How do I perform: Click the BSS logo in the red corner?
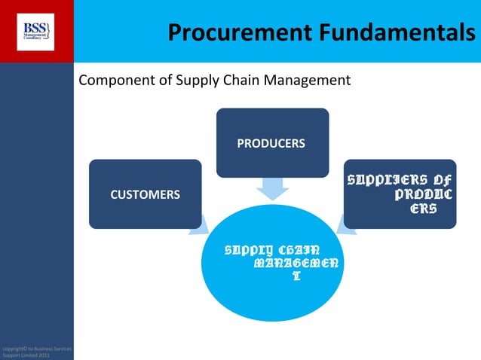(x=36, y=31)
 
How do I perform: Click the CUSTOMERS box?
(x=145, y=194)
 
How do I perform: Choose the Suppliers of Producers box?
(x=400, y=194)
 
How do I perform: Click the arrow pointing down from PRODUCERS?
(x=271, y=189)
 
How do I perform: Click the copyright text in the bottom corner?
(x=36, y=351)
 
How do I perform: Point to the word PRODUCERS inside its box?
(x=271, y=143)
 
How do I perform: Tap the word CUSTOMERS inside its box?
(x=145, y=195)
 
